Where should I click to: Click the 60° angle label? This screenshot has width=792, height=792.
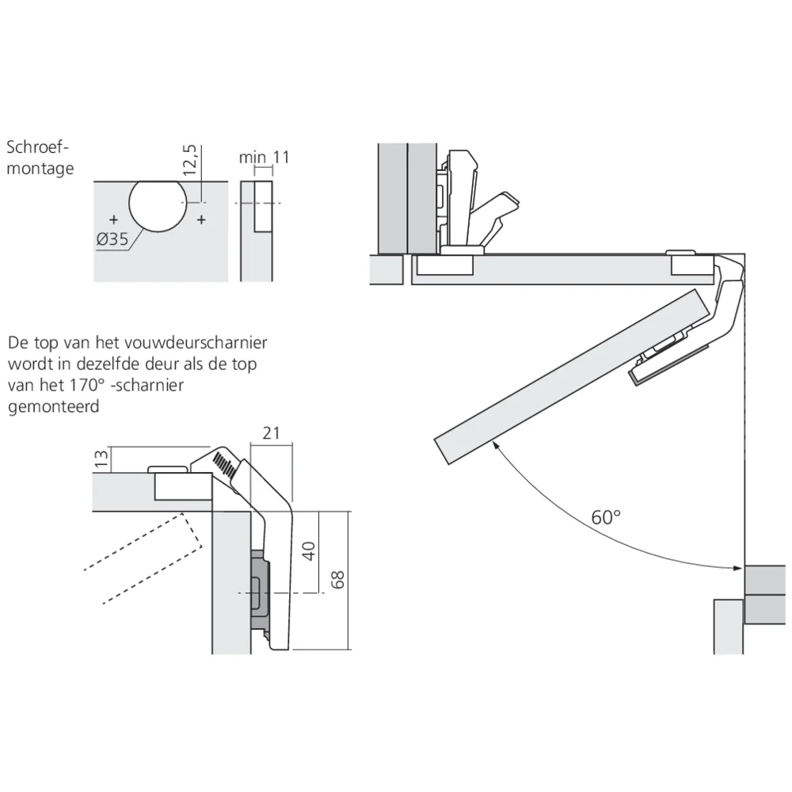(606, 517)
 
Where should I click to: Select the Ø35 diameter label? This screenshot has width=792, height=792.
(113, 238)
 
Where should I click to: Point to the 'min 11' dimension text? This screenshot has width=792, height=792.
(265, 157)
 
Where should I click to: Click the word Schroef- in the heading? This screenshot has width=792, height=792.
(38, 147)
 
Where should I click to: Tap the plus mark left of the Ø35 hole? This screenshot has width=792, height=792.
(114, 219)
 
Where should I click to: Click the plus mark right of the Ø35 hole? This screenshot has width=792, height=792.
(201, 219)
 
